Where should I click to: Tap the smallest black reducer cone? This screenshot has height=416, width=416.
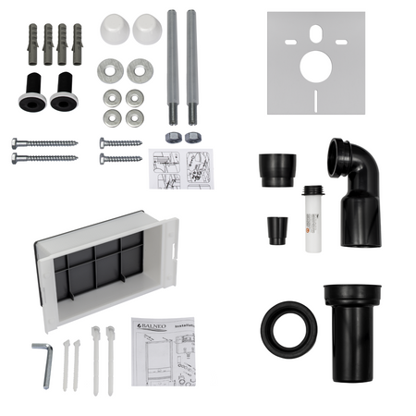[x=276, y=229]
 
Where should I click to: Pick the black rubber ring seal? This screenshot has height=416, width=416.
[x=288, y=329]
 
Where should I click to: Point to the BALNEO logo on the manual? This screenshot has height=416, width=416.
[x=153, y=325]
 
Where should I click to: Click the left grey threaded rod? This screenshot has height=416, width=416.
[x=173, y=65]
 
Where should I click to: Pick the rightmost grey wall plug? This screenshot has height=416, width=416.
[x=77, y=44]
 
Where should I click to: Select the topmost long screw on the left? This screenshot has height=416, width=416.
[x=43, y=143]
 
